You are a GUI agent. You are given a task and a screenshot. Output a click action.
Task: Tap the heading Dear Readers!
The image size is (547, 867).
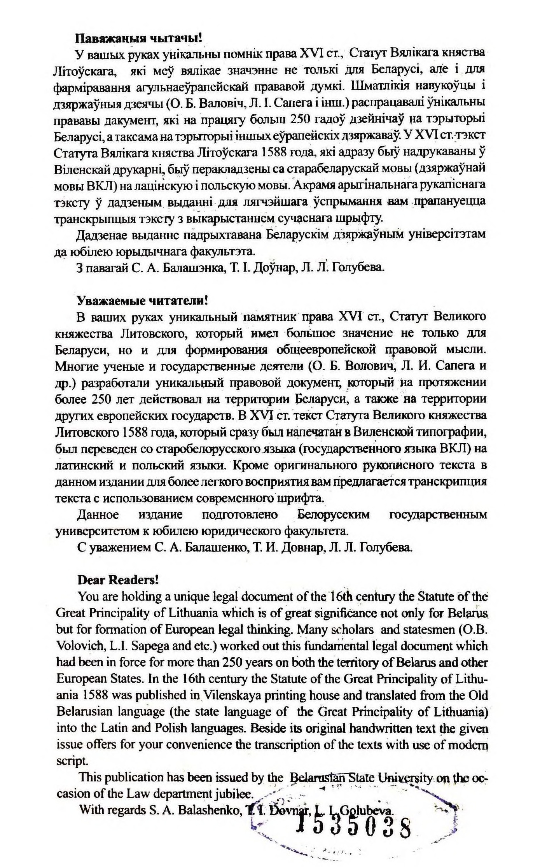[x=118, y=580]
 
